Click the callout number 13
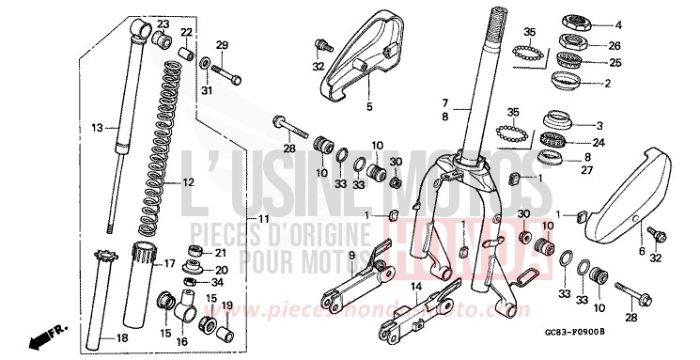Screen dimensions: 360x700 click(96, 127)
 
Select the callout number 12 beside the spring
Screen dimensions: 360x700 click(188, 182)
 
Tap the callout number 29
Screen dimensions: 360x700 click(222, 45)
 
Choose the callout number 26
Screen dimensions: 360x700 click(615, 45)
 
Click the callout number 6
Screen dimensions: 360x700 click(643, 252)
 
